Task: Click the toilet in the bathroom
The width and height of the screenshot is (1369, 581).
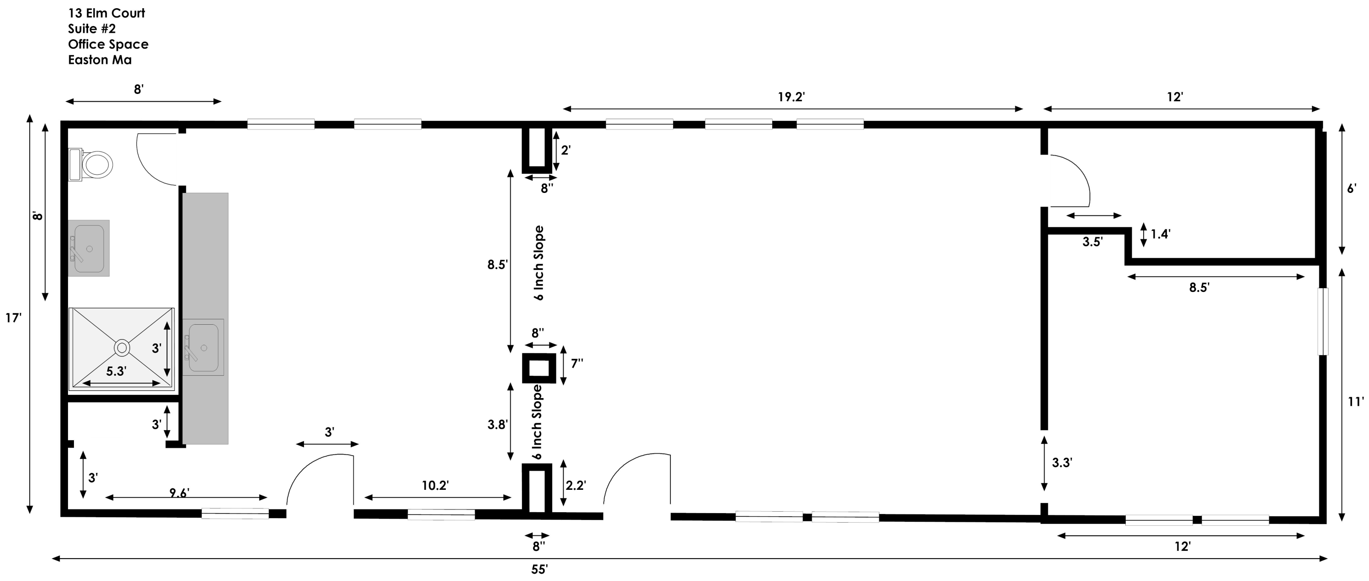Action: (91, 165)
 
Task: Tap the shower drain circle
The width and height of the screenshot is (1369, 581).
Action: (122, 348)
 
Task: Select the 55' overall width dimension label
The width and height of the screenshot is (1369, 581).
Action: (539, 569)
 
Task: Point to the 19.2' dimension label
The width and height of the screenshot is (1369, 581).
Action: (791, 97)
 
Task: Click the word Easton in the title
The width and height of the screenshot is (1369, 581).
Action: (87, 60)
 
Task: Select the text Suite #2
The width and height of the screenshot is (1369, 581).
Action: (91, 29)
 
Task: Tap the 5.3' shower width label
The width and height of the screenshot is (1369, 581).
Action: (116, 371)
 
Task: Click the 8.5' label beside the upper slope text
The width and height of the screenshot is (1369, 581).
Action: (498, 265)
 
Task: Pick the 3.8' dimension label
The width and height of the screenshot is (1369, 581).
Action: (498, 424)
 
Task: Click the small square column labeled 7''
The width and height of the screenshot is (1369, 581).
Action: (539, 368)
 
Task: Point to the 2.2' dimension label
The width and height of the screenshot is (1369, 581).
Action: (575, 485)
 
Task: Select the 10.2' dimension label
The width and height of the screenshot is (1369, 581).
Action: (435, 485)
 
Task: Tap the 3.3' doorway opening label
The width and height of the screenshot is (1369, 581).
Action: (1062, 463)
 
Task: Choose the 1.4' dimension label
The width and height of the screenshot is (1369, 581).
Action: (1160, 234)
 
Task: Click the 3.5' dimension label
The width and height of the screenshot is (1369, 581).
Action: (1092, 242)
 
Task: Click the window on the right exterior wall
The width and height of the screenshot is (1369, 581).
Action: (1323, 322)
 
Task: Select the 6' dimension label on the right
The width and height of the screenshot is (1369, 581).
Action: (1352, 188)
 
